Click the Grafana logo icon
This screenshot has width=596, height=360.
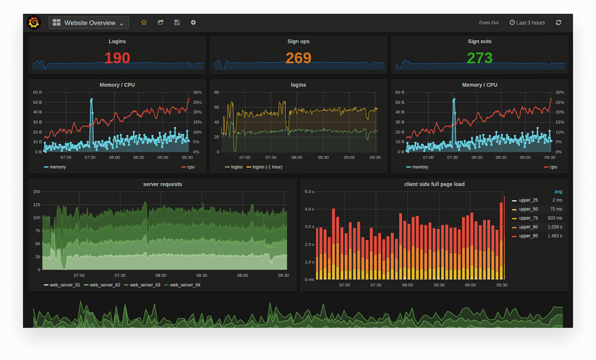(x=34, y=23)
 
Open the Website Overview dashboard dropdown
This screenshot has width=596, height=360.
(x=88, y=23)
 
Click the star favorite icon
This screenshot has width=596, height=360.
(x=144, y=23)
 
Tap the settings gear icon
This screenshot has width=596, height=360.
(x=193, y=23)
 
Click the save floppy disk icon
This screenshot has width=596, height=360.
(x=177, y=23)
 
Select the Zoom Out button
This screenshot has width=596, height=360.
(x=488, y=23)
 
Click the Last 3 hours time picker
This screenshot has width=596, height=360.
(x=527, y=23)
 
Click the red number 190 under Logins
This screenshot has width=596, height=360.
(x=117, y=58)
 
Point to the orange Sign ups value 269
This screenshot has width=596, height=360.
(x=298, y=58)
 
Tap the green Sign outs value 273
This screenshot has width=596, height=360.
(x=480, y=58)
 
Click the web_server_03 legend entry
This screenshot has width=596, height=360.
(x=145, y=285)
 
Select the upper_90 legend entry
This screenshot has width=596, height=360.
(x=528, y=227)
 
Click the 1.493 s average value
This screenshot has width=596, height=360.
(x=555, y=236)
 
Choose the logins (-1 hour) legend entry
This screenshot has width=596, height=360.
(x=267, y=167)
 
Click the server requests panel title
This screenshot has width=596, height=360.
(x=162, y=184)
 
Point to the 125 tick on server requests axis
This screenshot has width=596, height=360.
(x=37, y=205)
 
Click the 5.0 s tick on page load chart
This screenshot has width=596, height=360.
(x=309, y=191)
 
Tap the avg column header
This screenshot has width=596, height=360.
(x=558, y=192)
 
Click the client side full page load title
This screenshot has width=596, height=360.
(x=434, y=184)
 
